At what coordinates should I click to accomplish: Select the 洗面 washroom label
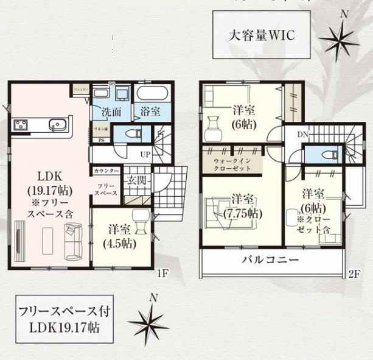click(110, 112)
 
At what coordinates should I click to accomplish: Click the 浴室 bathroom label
click(150, 112)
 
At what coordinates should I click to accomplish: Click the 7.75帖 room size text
click(243, 214)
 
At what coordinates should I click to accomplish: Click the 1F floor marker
click(161, 275)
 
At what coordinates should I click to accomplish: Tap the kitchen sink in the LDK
click(58, 125)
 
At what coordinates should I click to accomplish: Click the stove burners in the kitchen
click(20, 125)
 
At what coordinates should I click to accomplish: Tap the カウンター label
click(106, 172)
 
